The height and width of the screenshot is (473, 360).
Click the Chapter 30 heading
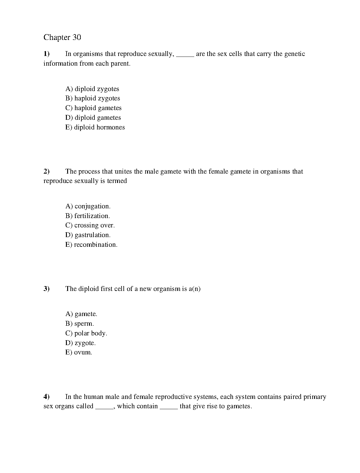(62, 37)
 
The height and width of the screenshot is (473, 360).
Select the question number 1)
(46, 54)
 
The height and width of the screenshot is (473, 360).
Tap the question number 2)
(46, 171)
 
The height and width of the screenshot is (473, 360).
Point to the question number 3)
(46, 289)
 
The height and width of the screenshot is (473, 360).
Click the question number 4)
(46, 397)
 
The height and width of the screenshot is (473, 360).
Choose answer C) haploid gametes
(93, 108)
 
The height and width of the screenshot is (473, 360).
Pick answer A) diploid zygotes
(92, 89)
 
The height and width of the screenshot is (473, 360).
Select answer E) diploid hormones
(95, 127)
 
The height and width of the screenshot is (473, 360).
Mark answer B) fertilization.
(88, 216)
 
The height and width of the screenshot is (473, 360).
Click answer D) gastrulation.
(88, 235)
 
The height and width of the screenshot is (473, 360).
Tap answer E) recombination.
(91, 245)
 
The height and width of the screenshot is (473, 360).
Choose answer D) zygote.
(80, 343)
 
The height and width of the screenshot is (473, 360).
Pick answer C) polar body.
(86, 333)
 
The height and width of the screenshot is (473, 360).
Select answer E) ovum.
(79, 352)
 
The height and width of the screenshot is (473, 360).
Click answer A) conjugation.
(88, 206)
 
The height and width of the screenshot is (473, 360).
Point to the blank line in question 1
(185, 55)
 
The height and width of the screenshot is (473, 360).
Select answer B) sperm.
(80, 324)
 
